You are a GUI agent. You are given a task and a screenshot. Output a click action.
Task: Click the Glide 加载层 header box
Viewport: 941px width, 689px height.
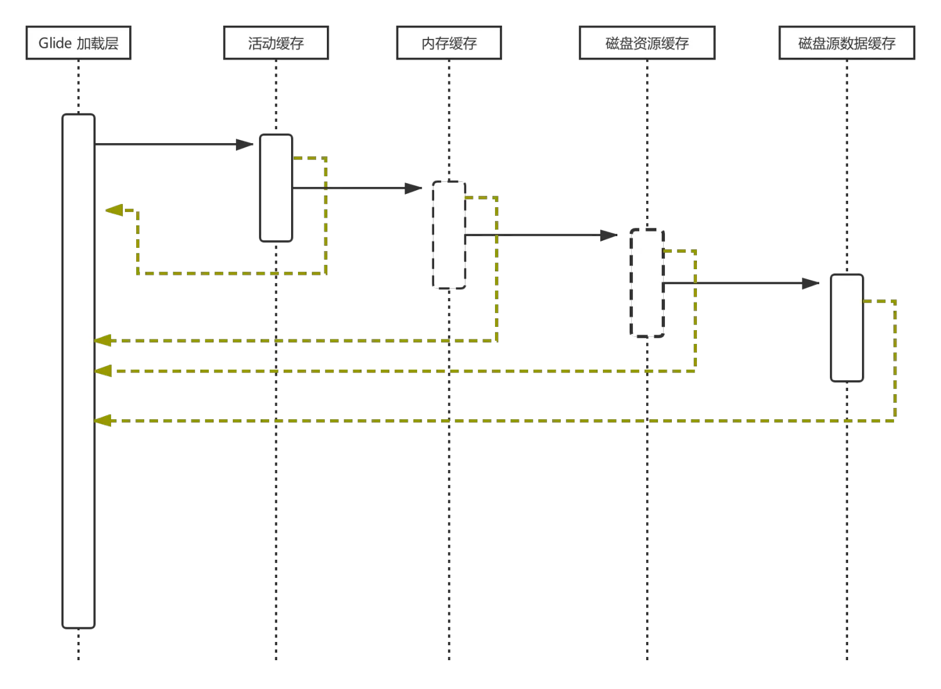[78, 43]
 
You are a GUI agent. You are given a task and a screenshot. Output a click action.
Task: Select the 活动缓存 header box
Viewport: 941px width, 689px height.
[276, 43]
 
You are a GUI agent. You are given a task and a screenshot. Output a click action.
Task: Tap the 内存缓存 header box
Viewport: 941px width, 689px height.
[449, 43]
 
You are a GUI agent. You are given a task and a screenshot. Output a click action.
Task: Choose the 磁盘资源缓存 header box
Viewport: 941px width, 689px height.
[647, 43]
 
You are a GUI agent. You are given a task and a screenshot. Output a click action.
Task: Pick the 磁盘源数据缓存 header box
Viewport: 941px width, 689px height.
[847, 43]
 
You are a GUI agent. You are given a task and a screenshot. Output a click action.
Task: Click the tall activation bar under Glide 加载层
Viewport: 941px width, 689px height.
[78, 370]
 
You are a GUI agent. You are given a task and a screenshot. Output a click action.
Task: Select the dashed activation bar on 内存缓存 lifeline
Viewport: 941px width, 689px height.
[449, 235]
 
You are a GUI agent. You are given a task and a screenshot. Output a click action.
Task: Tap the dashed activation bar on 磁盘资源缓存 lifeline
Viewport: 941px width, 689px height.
[647, 282]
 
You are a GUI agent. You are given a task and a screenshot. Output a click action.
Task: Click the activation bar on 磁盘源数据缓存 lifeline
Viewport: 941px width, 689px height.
[847, 327]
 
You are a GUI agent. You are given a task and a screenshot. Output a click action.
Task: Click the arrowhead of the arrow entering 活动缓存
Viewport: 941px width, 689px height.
[246, 144]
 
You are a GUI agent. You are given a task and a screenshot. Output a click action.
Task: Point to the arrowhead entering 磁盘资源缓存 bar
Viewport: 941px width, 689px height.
[609, 235]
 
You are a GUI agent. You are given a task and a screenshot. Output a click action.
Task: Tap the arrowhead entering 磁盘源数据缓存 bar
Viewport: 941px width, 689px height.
[813, 284]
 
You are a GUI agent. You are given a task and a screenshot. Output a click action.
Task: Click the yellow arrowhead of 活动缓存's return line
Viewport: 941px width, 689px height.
[114, 210]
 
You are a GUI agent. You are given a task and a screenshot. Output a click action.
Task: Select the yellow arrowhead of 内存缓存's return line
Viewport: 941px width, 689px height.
[103, 341]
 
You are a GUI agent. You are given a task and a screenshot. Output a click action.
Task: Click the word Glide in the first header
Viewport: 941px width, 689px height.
[55, 43]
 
